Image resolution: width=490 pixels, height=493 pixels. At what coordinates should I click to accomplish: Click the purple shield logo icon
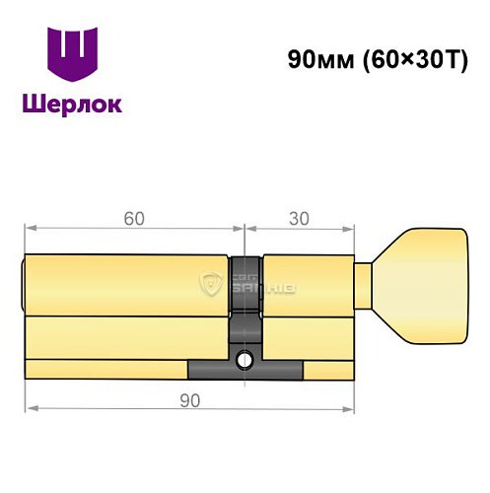73,56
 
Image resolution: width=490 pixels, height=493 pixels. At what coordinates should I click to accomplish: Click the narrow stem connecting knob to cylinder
363,285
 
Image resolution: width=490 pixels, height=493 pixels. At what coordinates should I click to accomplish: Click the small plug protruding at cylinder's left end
23,285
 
